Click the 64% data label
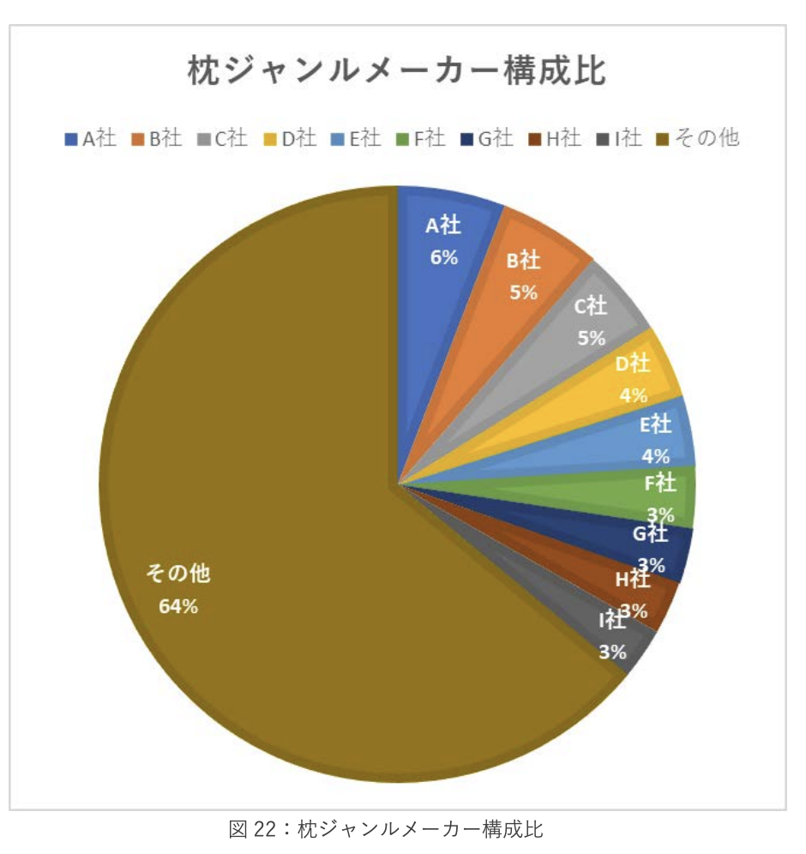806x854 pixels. pos(178,606)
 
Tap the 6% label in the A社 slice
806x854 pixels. pos(443,256)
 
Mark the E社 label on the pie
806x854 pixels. pos(657,424)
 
